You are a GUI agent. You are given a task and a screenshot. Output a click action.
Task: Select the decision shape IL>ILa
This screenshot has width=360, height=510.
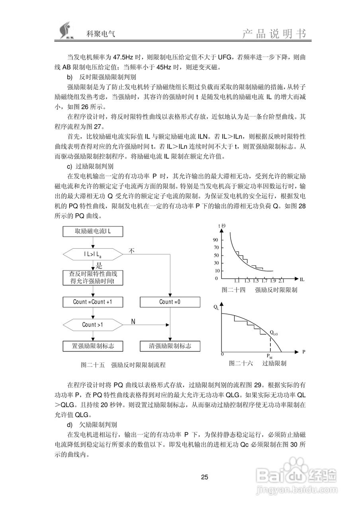(92, 254)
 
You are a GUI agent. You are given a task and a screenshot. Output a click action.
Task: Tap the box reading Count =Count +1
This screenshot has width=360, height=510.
(92, 302)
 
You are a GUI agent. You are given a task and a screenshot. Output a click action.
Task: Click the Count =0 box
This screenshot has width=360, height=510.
(170, 302)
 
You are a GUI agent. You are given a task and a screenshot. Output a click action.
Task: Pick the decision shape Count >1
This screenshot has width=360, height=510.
(92, 324)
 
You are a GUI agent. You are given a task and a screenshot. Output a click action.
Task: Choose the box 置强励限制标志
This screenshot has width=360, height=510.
(92, 345)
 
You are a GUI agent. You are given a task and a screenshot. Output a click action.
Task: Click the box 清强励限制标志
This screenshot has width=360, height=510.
(170, 345)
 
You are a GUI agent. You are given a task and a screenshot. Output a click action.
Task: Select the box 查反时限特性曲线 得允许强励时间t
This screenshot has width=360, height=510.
(92, 278)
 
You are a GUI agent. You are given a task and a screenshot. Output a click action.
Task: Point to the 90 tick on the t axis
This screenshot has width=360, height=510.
(215, 240)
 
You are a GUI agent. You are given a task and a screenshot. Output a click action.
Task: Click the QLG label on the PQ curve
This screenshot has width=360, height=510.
(274, 332)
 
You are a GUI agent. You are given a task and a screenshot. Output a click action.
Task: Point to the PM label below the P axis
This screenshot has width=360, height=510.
(270, 355)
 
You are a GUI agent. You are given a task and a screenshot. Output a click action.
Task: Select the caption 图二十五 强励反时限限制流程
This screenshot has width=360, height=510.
(123, 365)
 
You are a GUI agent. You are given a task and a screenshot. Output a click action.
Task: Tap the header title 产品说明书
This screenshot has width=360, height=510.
(274, 34)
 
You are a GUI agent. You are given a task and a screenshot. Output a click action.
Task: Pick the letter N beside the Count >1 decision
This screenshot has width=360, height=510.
(133, 321)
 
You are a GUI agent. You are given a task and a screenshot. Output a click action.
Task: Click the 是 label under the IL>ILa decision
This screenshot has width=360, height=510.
(100, 265)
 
